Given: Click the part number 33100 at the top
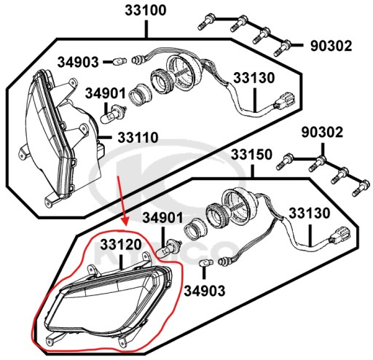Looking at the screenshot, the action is point(146,11).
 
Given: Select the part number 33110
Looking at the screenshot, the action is point(138,138).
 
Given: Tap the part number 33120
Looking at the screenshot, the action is point(121,245).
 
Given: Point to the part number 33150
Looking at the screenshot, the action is point(251,154).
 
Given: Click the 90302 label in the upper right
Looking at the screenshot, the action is point(331,46).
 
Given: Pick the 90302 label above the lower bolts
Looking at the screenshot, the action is point(322,133).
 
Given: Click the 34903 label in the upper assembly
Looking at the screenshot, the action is point(78,62).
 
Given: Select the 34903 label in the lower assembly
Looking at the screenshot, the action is point(205,291).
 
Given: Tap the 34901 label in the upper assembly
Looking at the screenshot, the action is point(106,93).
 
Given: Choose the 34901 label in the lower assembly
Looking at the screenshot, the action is point(162,218).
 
